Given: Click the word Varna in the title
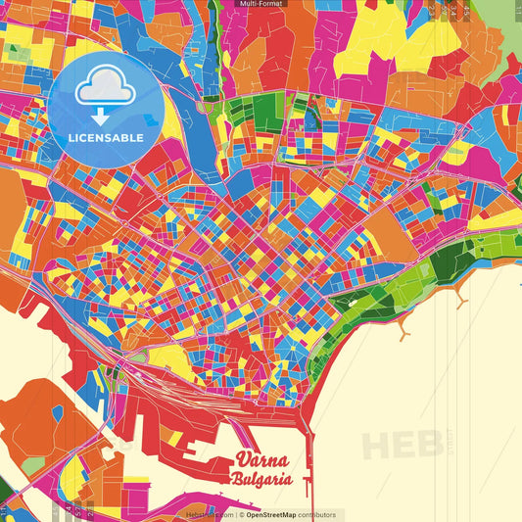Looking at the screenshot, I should coord(261,461).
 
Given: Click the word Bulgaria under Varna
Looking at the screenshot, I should coord(262,480).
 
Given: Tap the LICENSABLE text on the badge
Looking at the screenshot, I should coord(105,137).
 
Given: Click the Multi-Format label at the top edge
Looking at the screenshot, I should coord(261,4).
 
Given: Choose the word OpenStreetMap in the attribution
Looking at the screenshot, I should coord(276,514).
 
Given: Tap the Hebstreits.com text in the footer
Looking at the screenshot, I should coord(208,514).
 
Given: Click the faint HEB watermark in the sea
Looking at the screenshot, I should coord(402,445).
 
